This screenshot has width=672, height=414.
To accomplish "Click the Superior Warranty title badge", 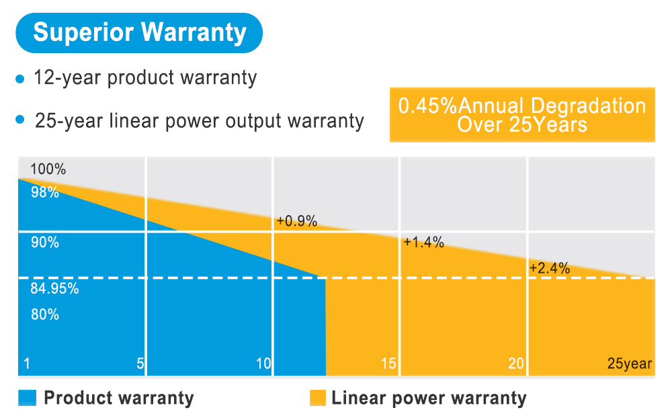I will click(139, 32).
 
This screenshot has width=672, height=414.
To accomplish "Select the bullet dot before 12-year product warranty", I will click(19, 79).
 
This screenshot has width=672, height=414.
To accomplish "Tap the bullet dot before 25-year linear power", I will click(19, 120).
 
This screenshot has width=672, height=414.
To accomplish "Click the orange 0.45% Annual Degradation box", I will click(522, 115).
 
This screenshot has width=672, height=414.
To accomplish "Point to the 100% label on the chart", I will click(48, 169).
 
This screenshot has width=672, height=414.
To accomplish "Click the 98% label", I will click(45, 193).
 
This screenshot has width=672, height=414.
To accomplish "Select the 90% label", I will click(45, 243).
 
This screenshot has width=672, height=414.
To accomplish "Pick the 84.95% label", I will click(54, 290).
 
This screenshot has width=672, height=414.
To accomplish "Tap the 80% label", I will click(45, 314).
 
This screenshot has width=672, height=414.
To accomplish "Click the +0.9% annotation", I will click(296, 221).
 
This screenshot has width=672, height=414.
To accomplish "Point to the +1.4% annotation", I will click(423, 243).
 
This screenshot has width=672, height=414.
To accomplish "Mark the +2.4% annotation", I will click(550, 268).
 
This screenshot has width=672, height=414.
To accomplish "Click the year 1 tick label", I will click(26, 364).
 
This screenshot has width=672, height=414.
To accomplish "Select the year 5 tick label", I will click(140, 364).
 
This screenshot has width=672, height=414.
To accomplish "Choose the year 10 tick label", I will click(263, 364).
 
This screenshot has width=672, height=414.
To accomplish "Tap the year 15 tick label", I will click(388, 364).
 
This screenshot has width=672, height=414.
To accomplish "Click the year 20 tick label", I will click(515, 364).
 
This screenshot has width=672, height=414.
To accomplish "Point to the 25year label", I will click(630, 364).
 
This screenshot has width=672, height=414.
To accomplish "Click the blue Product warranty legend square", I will click(27, 398).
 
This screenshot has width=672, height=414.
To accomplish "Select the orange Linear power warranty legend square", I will click(318, 398).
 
